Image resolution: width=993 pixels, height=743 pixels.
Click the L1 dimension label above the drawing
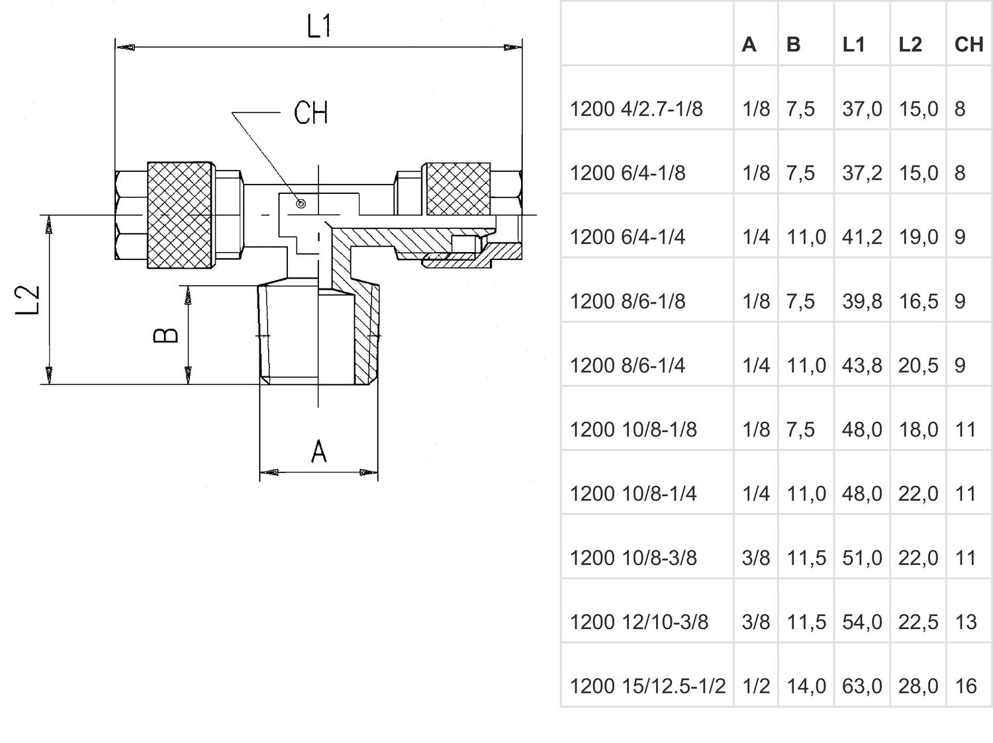tap(318, 26)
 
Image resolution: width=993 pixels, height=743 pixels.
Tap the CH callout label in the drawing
tap(310, 113)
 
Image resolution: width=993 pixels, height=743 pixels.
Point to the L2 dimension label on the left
tap(28, 300)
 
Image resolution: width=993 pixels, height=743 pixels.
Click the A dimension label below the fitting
tap(319, 452)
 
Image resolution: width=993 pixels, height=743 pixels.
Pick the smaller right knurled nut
tap(458, 189)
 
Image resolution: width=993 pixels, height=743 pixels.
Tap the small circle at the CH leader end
tap(301, 204)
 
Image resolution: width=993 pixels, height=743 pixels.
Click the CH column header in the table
tap(969, 44)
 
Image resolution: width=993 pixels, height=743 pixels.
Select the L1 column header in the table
tap(853, 44)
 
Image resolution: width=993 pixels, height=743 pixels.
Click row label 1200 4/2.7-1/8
tap(636, 109)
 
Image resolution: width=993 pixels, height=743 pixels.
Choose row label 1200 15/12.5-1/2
tap(647, 686)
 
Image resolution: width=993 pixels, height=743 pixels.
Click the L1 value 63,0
tap(862, 686)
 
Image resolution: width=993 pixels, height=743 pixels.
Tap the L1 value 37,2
tap(862, 173)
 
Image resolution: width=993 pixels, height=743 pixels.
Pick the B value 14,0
tap(806, 686)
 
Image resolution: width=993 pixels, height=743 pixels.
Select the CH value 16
tap(966, 686)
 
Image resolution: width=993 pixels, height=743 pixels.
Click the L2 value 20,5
tap(918, 365)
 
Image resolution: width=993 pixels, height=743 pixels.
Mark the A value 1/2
tap(756, 686)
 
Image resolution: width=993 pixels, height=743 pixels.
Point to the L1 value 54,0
tap(862, 622)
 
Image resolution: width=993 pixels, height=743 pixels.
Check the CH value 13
tap(966, 622)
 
